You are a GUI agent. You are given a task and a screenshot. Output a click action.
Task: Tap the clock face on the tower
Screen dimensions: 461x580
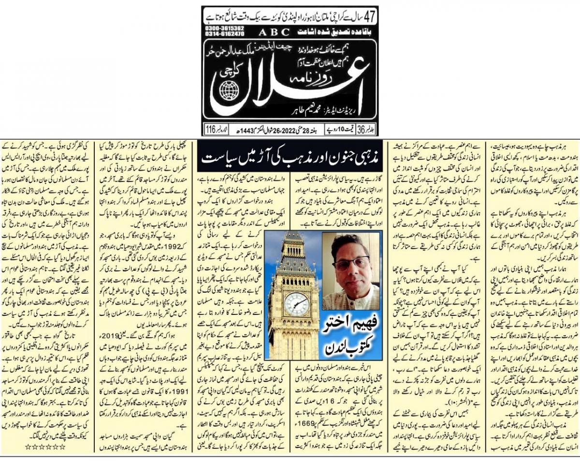point(296,304)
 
